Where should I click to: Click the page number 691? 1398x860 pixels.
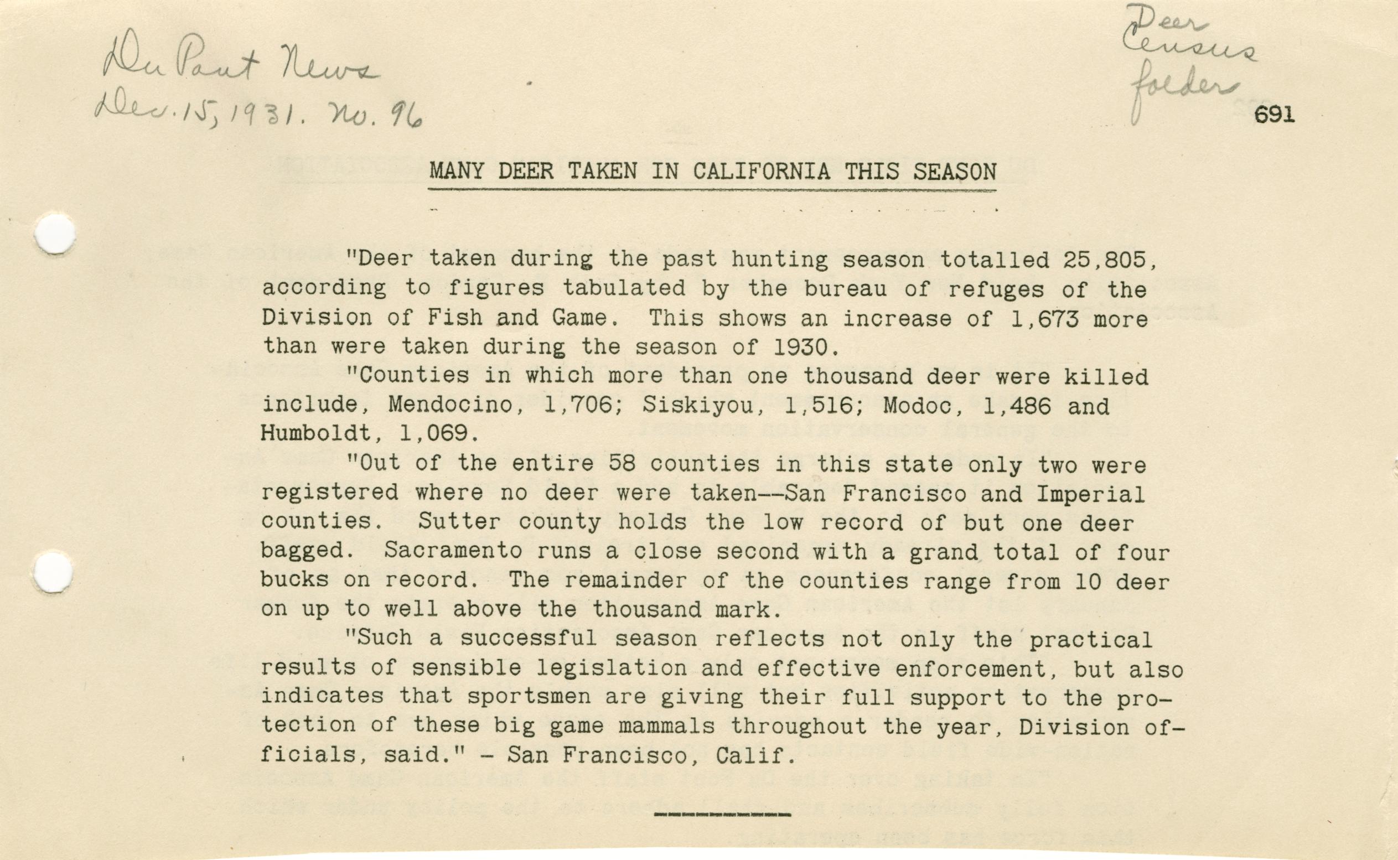click(x=1274, y=116)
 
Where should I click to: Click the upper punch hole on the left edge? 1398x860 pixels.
click(x=55, y=234)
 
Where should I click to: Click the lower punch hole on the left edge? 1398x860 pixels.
click(x=53, y=573)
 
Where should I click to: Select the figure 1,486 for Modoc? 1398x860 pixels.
click(x=1019, y=405)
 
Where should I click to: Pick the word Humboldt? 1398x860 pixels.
click(x=315, y=434)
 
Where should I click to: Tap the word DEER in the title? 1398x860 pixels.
click(x=525, y=171)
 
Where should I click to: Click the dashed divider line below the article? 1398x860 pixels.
click(x=722, y=815)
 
